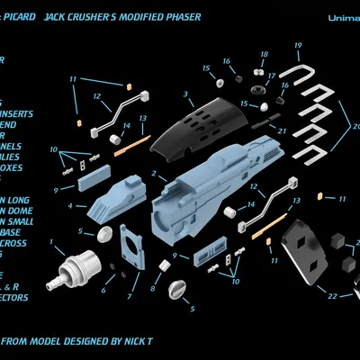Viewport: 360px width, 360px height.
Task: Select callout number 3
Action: pos(184,94)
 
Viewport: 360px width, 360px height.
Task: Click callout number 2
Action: pos(154,173)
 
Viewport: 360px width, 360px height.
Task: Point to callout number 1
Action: pos(51,241)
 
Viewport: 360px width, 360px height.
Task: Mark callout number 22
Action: pos(332,295)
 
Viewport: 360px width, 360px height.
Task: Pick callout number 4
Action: pos(70,205)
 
